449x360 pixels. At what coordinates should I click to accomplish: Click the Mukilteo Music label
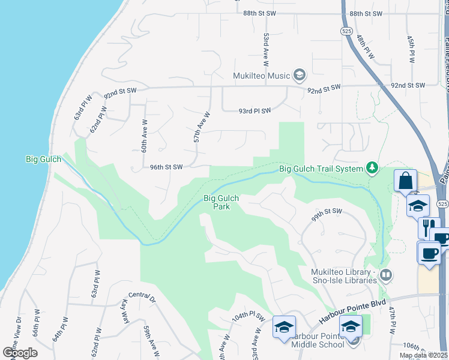point(262,76)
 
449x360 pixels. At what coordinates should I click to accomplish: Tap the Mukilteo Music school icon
point(300,76)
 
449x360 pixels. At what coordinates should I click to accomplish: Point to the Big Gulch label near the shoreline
point(40,159)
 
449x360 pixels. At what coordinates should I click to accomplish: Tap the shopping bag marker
point(405,179)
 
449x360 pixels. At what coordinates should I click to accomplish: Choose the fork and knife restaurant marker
point(428,227)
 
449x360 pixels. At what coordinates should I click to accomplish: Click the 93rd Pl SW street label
point(255,110)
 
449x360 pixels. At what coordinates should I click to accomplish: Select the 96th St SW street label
point(166,167)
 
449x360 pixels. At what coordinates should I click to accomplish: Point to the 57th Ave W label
point(202,127)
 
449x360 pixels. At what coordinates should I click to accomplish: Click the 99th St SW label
point(327,215)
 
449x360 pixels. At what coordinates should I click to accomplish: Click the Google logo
point(20,352)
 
